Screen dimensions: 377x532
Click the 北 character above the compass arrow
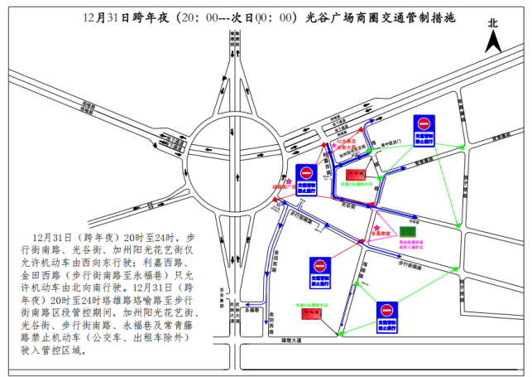pyautogui.click(x=493, y=24)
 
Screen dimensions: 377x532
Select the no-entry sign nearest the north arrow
pyautogui.click(x=424, y=127)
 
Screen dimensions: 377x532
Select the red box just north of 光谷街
pyautogui.click(x=356, y=174)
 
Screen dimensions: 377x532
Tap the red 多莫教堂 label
pyautogui.click(x=380, y=234)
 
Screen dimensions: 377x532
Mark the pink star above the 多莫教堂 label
pyautogui.click(x=377, y=226)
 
